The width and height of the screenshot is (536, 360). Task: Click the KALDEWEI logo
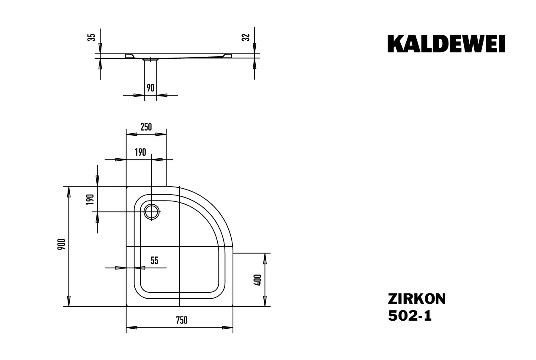(x=446, y=44)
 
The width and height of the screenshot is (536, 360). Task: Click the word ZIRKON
(x=416, y=299)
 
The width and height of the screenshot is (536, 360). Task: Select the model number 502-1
(x=410, y=316)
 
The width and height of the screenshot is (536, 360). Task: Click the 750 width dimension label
(x=181, y=320)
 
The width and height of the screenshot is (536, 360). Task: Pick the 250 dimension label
(x=145, y=127)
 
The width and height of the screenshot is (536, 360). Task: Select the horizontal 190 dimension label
(x=140, y=152)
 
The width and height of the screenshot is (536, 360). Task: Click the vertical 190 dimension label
(x=90, y=199)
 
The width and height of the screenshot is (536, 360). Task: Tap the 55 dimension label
(x=154, y=261)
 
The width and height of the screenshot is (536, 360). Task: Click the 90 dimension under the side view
(x=150, y=88)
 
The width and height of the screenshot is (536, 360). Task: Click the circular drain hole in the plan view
(x=151, y=211)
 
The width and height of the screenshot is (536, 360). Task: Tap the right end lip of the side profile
(x=228, y=55)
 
